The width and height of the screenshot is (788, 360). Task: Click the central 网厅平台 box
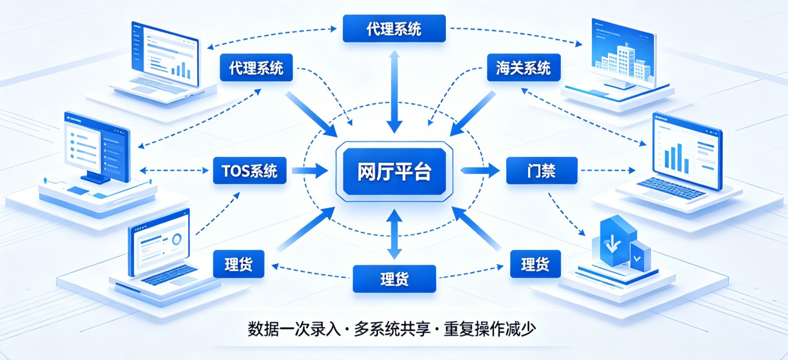click(x=393, y=171)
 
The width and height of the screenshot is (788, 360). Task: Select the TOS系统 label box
click(x=249, y=171)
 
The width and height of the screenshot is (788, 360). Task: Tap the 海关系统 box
click(x=523, y=68)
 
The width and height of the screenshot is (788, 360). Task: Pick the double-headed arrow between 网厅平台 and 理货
click(x=394, y=235)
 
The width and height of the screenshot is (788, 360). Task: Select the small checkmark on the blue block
click(x=637, y=257)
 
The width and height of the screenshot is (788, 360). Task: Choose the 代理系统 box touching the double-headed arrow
click(x=394, y=28)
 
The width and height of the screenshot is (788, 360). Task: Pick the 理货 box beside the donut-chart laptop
click(x=239, y=265)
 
